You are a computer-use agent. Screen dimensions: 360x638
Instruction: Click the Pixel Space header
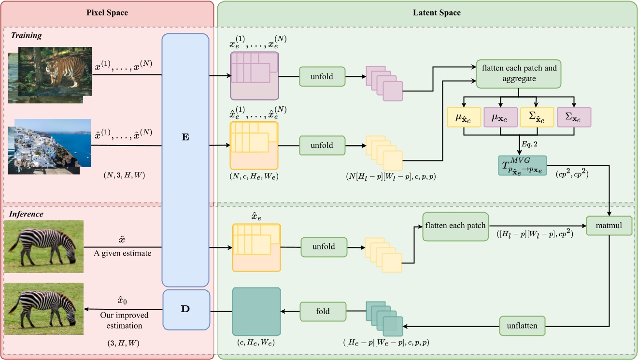(x=107, y=13)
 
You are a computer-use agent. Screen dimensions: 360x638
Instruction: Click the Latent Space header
(x=437, y=13)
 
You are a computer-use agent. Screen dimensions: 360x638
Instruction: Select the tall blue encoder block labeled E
(x=185, y=159)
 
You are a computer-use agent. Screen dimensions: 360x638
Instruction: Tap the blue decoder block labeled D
(x=185, y=309)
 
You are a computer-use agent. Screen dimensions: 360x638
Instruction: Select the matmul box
(x=609, y=225)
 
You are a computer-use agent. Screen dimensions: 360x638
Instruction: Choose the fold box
(x=323, y=311)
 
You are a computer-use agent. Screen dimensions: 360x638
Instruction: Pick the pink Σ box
(x=574, y=117)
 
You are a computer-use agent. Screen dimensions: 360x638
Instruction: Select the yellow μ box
(x=463, y=117)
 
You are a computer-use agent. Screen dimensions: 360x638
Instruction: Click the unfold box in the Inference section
(x=324, y=246)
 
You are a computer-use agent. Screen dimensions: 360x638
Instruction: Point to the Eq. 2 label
(x=530, y=144)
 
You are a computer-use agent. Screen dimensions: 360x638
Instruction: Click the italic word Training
(x=27, y=35)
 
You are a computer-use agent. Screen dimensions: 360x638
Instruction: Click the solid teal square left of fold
(x=256, y=311)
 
